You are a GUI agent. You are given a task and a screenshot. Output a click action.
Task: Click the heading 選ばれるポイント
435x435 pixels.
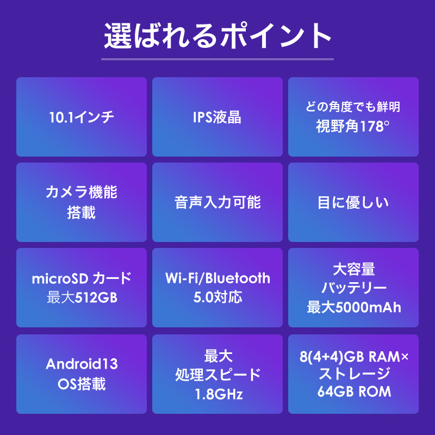[x=217, y=36]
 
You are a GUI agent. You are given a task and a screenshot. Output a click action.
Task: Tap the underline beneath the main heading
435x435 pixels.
[x=217, y=59]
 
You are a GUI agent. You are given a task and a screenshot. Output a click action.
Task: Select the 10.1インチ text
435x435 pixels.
[x=81, y=117]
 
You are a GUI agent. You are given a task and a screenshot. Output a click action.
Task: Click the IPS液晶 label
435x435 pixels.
[x=217, y=117]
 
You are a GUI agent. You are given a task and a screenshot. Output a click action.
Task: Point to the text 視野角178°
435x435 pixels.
[x=352, y=126]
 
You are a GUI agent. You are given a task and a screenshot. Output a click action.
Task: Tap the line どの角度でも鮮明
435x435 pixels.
[x=353, y=107]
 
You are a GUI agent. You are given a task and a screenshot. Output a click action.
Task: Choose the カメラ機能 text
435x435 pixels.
[x=81, y=192]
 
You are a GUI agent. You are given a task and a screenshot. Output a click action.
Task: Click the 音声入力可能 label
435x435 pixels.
[x=217, y=202]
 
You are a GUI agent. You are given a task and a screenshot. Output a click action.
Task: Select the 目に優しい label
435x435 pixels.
[x=353, y=202]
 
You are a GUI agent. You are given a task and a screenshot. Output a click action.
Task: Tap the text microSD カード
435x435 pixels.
[x=82, y=278]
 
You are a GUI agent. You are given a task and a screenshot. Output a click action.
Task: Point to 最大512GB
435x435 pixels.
[x=82, y=297]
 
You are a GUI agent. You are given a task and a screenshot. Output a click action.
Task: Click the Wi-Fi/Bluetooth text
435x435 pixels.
[x=217, y=278]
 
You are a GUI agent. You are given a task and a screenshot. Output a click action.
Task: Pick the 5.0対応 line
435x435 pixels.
[x=218, y=297]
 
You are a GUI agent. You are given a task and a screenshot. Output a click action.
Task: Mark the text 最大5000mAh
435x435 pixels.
[x=354, y=307]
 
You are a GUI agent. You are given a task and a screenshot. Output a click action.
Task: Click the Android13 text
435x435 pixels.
[x=82, y=364]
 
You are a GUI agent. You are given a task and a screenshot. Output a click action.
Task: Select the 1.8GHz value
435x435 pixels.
[x=219, y=394]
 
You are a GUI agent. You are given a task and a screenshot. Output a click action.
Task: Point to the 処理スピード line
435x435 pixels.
[x=218, y=375]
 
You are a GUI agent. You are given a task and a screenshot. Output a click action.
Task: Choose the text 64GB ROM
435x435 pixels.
[x=355, y=391]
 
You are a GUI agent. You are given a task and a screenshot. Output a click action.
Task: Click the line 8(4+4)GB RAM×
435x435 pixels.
[x=354, y=357]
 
